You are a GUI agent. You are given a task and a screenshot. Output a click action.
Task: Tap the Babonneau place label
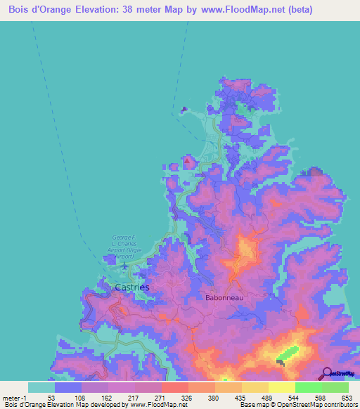tap(224, 298)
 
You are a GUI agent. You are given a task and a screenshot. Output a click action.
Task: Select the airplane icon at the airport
tap(124, 266)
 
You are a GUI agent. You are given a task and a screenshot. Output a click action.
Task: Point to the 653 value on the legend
tap(347, 398)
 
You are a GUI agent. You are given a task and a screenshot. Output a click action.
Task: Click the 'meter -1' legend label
tap(14, 398)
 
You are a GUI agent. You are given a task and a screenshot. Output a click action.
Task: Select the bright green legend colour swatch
tap(309, 387)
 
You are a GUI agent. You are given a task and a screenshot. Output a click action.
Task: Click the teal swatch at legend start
tap(41, 387)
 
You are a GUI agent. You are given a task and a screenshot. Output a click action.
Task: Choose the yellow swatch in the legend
tap(281, 387)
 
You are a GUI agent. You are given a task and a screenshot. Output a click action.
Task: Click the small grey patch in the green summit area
tap(281, 363)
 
